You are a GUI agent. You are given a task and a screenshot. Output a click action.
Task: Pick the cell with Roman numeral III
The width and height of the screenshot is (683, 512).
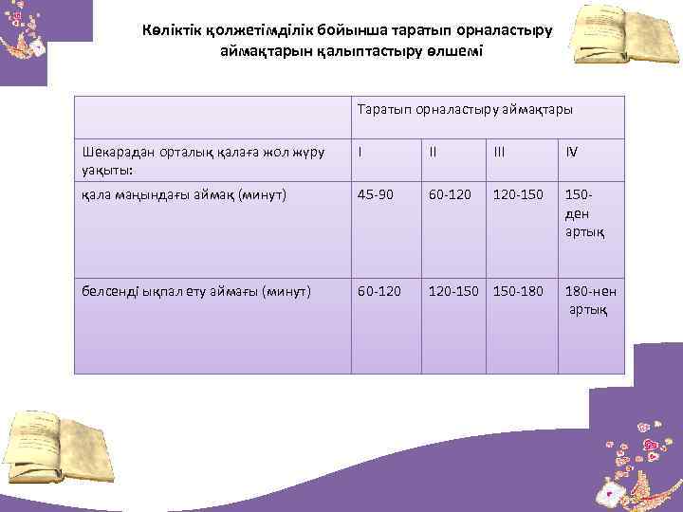pos(501,151)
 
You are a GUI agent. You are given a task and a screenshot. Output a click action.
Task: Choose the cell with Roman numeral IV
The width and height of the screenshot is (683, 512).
pos(572,151)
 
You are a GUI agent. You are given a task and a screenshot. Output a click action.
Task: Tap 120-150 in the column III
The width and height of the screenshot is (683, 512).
pos(518,196)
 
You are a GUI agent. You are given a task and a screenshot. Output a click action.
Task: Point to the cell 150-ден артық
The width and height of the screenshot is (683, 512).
pos(582,212)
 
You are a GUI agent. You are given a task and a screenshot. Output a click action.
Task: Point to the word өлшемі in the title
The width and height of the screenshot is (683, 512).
pos(452,50)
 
